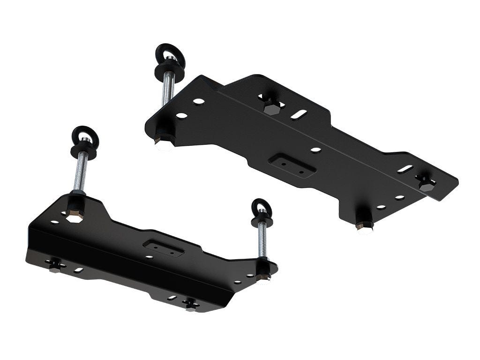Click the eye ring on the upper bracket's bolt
(170, 55)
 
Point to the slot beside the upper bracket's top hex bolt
(299, 114)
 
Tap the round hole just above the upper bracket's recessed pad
(315, 150)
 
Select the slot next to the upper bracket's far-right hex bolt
(405, 169)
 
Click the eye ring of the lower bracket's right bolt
(261, 207)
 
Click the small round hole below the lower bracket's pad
(149, 257)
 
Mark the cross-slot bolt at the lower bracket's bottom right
(191, 304)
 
